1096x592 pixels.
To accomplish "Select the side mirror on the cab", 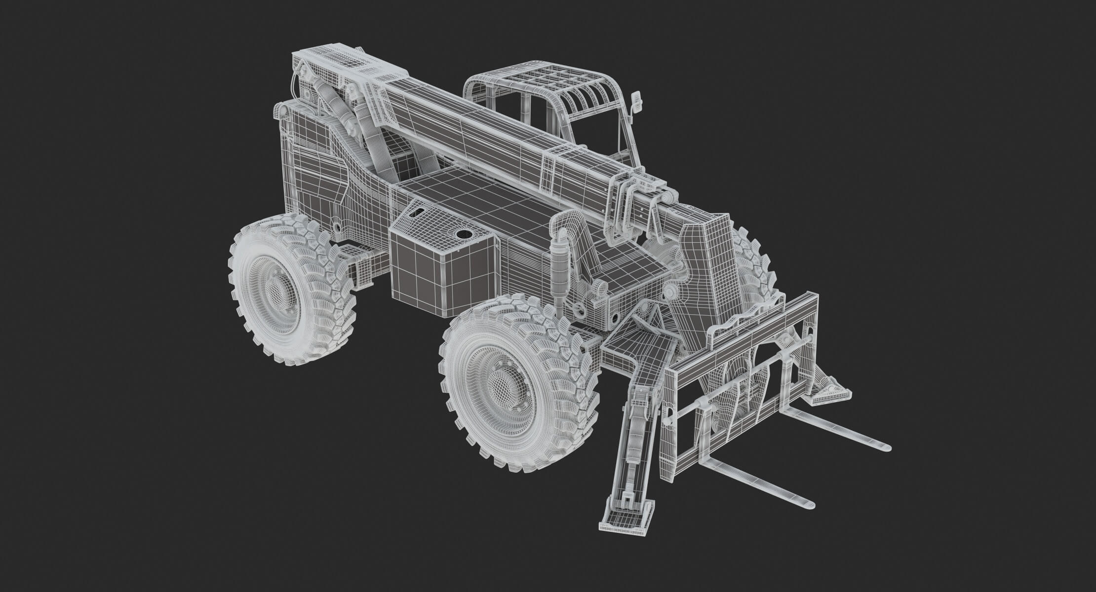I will [x=638, y=103].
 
